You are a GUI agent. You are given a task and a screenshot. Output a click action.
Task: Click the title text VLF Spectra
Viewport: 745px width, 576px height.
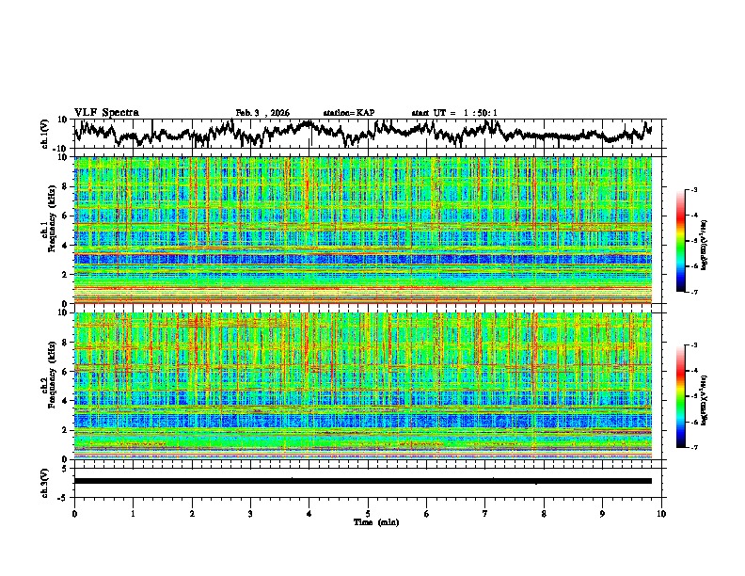tap(106, 112)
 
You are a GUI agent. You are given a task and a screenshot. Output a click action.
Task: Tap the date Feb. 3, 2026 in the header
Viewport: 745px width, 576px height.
tap(263, 113)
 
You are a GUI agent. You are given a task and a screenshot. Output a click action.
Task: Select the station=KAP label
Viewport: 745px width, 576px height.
tap(349, 113)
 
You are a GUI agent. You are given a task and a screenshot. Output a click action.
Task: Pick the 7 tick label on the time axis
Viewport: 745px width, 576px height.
tap(485, 514)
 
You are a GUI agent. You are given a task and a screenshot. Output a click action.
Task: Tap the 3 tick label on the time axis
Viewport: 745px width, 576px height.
tap(250, 514)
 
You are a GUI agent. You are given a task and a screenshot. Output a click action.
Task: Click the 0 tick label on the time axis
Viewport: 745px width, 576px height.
tap(74, 514)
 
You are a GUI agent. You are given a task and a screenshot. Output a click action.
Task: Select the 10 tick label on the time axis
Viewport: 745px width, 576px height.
tap(661, 514)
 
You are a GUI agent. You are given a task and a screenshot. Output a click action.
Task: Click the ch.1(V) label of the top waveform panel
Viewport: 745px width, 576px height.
tap(45, 134)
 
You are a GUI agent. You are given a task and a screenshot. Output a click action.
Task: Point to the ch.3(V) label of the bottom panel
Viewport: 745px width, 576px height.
tap(45, 480)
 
